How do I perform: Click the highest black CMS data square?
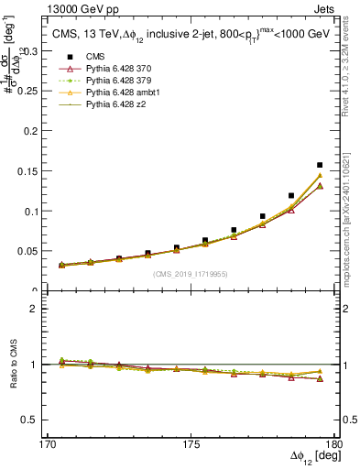[320, 166]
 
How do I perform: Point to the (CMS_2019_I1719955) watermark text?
[191, 273]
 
